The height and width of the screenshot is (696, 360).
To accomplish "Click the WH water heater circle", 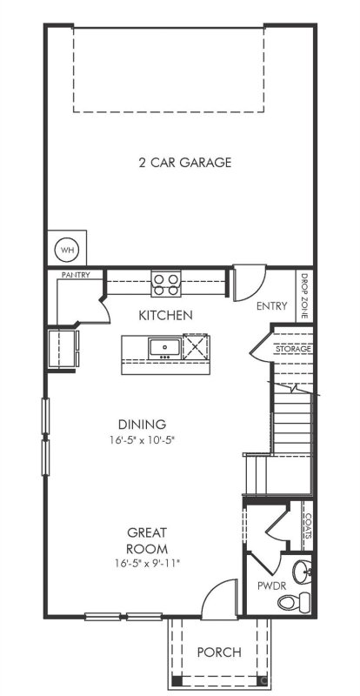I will coord(67,250).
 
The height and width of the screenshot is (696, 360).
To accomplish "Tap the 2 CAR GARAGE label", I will coord(184,163).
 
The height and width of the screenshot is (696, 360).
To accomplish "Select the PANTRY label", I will coord(76,275).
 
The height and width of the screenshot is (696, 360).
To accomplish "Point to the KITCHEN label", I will coord(165,314).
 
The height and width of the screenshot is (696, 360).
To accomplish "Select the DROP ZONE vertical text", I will coord(304,298).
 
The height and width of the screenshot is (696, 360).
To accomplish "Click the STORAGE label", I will coord(295,349).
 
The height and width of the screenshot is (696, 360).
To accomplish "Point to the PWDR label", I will coord(266,586).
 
